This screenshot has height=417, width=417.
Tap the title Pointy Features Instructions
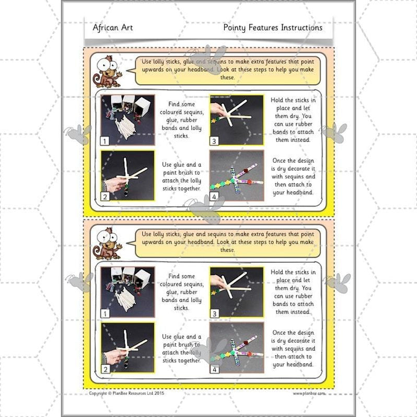pos(272,28)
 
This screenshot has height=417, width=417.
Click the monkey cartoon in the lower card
pos(106,243)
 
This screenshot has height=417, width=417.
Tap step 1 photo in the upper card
pos(128,120)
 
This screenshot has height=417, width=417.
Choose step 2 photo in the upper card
pos(128,176)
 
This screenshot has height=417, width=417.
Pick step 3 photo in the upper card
pos(236,120)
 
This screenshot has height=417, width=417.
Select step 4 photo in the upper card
pos(236,176)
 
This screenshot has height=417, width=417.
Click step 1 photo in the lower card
pos(128,292)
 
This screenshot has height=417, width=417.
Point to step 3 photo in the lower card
pos(236,292)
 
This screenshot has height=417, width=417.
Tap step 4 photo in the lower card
pos(236,348)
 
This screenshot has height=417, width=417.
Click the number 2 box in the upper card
pos(106,196)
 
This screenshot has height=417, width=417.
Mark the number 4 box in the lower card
pos(214,369)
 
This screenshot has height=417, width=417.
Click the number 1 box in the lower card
pos(106,314)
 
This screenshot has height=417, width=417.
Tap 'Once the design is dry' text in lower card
pos(293,348)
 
